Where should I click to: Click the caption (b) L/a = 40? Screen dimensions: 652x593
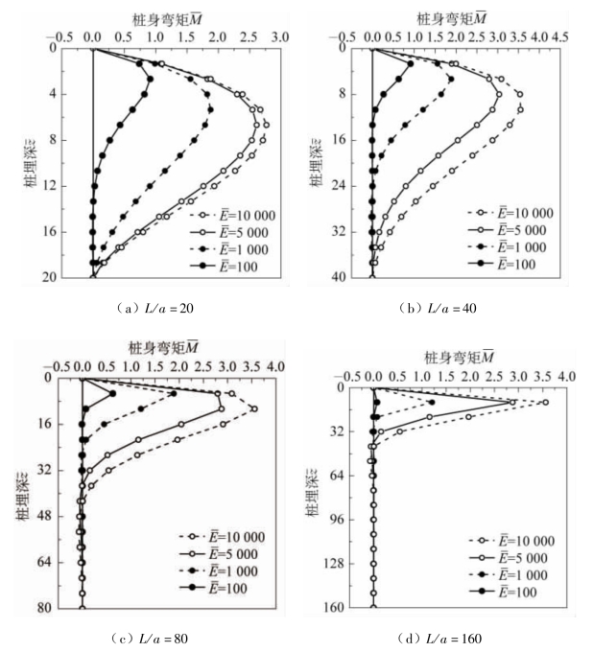pyautogui.click(x=439, y=309)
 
